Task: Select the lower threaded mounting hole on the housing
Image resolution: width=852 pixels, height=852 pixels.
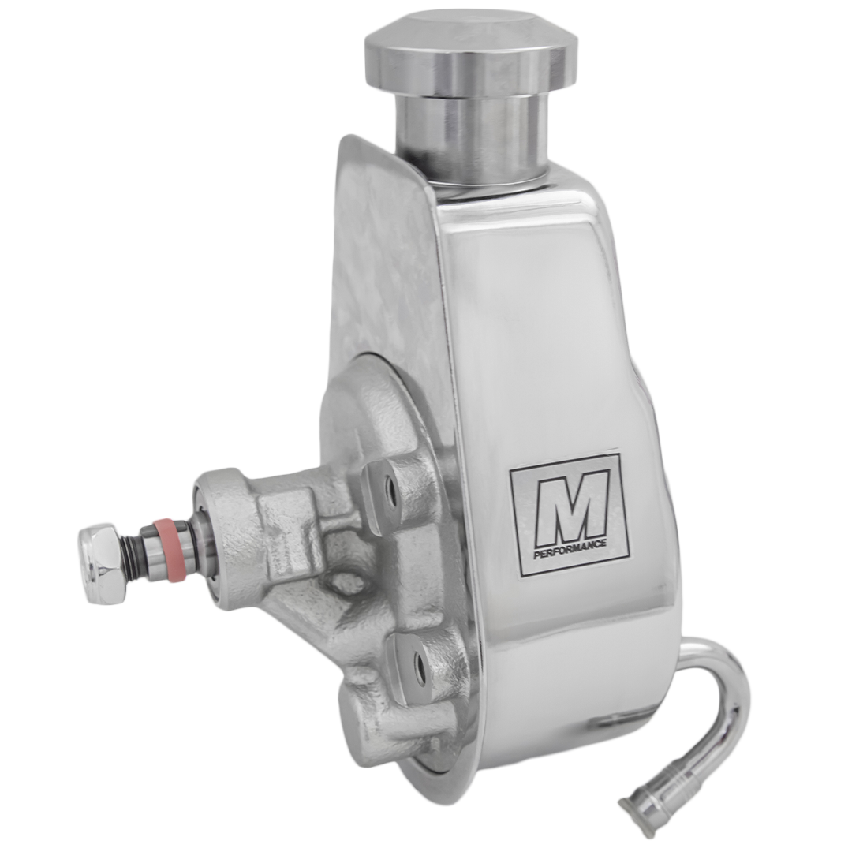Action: [420, 662]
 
